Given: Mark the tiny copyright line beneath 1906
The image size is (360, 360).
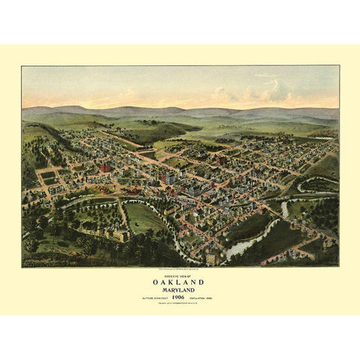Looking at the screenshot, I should coord(180,303).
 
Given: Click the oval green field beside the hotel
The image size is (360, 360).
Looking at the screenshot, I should coord(145,218).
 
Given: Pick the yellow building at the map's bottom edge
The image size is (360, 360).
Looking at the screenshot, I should coord(211,259).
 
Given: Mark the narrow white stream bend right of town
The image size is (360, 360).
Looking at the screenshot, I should coord(285,208).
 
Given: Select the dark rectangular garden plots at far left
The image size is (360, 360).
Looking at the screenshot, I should coord(49,179).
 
